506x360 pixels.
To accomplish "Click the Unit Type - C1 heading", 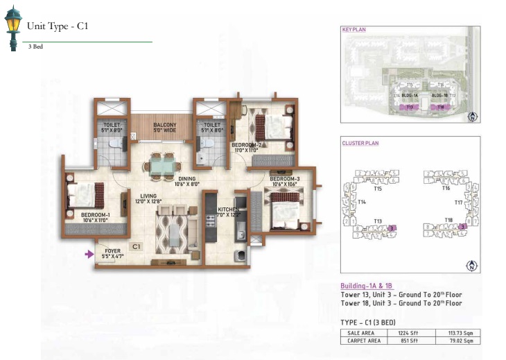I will pyautogui.click(x=58, y=27).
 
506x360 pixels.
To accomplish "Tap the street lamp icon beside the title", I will pyautogui.click(x=12, y=29).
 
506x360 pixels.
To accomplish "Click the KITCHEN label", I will pyautogui.click(x=229, y=209).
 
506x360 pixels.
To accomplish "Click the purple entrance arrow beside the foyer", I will pyautogui.click(x=89, y=255).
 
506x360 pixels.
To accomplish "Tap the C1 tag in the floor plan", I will pyautogui.click(x=137, y=246).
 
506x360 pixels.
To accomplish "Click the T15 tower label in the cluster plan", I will pyautogui.click(x=378, y=188).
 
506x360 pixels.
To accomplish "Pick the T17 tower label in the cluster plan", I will pyautogui.click(x=458, y=203).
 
